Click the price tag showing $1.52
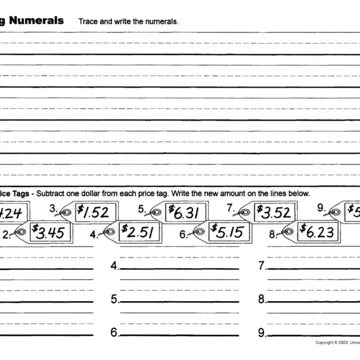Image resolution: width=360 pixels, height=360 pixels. point(95,212)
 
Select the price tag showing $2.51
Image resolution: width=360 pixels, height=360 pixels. point(140,232)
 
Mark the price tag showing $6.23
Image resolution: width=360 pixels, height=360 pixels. point(319,231)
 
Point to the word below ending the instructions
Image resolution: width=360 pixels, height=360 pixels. point(299,194)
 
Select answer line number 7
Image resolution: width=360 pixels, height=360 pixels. point(312,268)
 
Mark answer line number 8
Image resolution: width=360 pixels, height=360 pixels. point(312,302)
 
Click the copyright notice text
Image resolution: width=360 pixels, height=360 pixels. point(337,343)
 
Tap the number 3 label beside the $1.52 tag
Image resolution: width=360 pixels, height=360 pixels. point(52,209)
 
